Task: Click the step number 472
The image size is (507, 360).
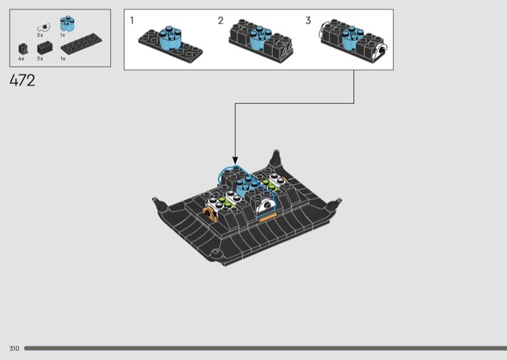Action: coord(22,80)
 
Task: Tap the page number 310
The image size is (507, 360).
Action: coord(14,349)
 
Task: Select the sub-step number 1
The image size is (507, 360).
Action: coord(132,20)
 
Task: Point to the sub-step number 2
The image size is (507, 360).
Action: coord(221,21)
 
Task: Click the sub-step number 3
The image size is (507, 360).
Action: coord(308,21)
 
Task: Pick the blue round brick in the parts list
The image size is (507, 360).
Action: coord(67,23)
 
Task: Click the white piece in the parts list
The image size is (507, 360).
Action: coord(43,27)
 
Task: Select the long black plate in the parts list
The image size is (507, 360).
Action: coord(81,44)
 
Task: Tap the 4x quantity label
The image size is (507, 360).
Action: coord(22,58)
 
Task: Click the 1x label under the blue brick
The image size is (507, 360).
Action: coord(62,35)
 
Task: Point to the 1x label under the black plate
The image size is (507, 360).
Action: coord(63,58)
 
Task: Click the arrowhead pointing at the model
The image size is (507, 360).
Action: coord(235,160)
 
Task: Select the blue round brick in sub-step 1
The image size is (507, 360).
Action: coord(170,37)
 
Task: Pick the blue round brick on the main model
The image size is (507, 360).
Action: coord(247,187)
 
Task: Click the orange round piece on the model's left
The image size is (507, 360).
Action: coord(210,214)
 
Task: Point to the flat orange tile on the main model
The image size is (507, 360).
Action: coord(267,217)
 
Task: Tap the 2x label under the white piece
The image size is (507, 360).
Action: coord(40,35)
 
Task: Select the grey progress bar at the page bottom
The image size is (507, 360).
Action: coord(266,349)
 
